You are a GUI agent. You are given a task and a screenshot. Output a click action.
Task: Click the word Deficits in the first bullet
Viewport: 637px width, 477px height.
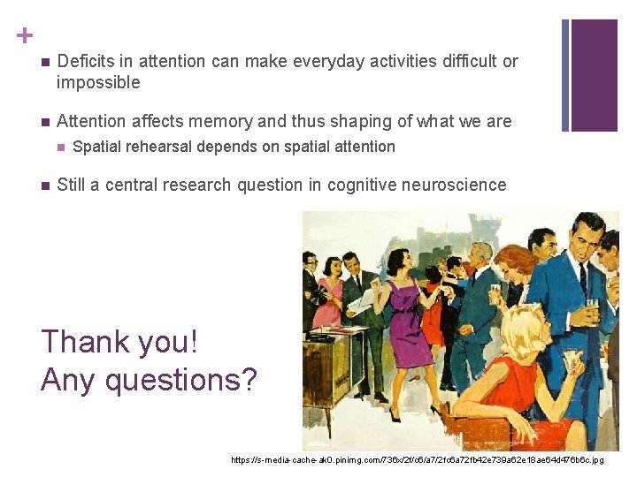pos(85,61)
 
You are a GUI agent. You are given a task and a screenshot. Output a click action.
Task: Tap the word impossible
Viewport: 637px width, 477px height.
pos(98,82)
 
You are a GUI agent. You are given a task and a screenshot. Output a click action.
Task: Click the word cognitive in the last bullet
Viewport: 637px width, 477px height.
pos(362,185)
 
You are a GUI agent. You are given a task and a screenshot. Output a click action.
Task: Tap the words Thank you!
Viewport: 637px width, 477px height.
pos(119,341)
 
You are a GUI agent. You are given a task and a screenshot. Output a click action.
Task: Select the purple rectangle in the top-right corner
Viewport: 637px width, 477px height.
pos(594,74)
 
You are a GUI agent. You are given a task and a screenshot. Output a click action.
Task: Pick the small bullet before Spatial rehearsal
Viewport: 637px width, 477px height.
pos(61,148)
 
